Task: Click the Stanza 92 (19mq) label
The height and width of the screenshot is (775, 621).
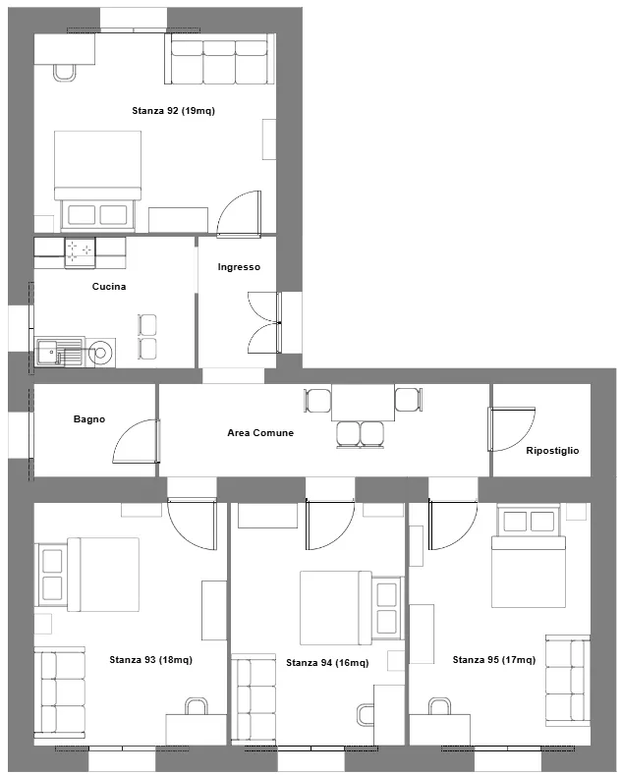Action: point(174,111)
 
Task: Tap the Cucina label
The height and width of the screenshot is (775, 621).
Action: point(109,287)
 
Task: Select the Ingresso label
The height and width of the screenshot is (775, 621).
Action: point(239,267)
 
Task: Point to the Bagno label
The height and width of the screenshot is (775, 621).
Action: point(89,419)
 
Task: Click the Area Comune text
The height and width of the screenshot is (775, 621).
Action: point(260,433)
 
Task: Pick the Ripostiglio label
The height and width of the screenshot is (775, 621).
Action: point(552,451)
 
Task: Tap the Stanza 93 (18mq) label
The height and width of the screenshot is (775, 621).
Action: point(150,660)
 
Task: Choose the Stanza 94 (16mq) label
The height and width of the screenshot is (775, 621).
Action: point(327,663)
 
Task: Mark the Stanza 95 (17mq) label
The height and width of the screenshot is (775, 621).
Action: point(494,660)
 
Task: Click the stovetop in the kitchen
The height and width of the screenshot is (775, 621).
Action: point(80,251)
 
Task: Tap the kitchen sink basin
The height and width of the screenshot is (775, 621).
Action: point(48,352)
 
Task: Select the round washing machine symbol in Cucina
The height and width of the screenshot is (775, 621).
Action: point(101,353)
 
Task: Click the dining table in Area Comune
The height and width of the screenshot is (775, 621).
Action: point(363,403)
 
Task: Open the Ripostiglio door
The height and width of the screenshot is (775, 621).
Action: point(511,429)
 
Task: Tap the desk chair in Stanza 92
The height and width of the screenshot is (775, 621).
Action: point(65,73)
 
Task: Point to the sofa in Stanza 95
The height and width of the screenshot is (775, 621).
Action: point(568,681)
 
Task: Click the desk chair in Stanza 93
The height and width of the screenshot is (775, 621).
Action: point(196,706)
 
